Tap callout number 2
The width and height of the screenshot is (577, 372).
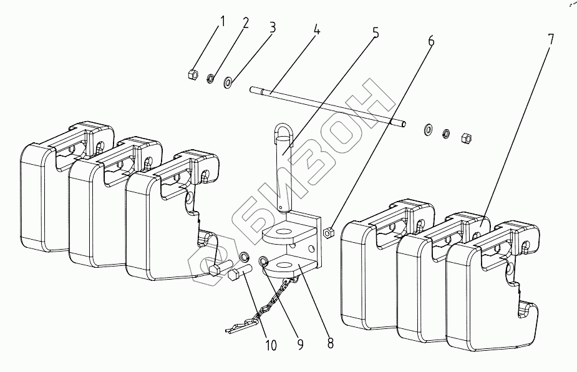click(245, 24)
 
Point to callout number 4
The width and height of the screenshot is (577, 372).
click(317, 30)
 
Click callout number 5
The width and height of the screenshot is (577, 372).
click(375, 32)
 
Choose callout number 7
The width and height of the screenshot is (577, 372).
click(550, 38)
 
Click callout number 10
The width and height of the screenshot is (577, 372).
click(272, 345)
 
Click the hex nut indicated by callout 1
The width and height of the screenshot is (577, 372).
click(193, 76)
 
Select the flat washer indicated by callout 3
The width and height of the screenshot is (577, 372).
click(228, 81)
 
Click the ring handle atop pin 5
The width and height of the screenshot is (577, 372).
click(282, 133)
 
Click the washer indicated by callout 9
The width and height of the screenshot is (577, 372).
click(263, 261)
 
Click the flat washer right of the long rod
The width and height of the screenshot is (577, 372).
click(429, 129)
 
